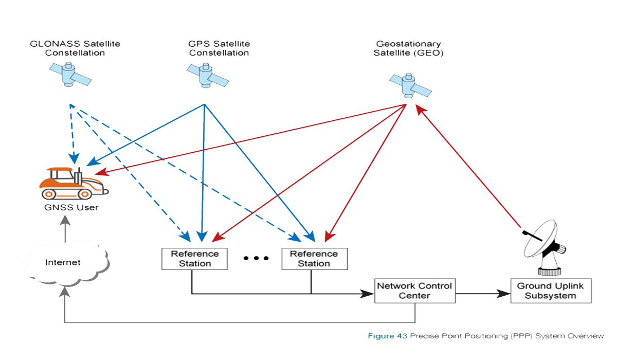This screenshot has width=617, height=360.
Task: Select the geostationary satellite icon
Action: point(409,85)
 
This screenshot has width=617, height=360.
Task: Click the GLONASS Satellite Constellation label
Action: point(75,48)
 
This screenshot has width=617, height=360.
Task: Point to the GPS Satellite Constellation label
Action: point(219,48)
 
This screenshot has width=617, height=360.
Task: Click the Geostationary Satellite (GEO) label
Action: point(409,48)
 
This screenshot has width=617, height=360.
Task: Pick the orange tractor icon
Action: point(74,184)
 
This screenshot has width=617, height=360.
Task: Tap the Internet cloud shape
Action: point(64,262)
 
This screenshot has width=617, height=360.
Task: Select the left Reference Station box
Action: point(194,259)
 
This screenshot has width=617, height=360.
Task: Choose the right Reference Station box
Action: point(314,259)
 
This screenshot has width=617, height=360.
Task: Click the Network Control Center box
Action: point(414,291)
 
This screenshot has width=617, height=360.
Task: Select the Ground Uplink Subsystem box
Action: point(551,291)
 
